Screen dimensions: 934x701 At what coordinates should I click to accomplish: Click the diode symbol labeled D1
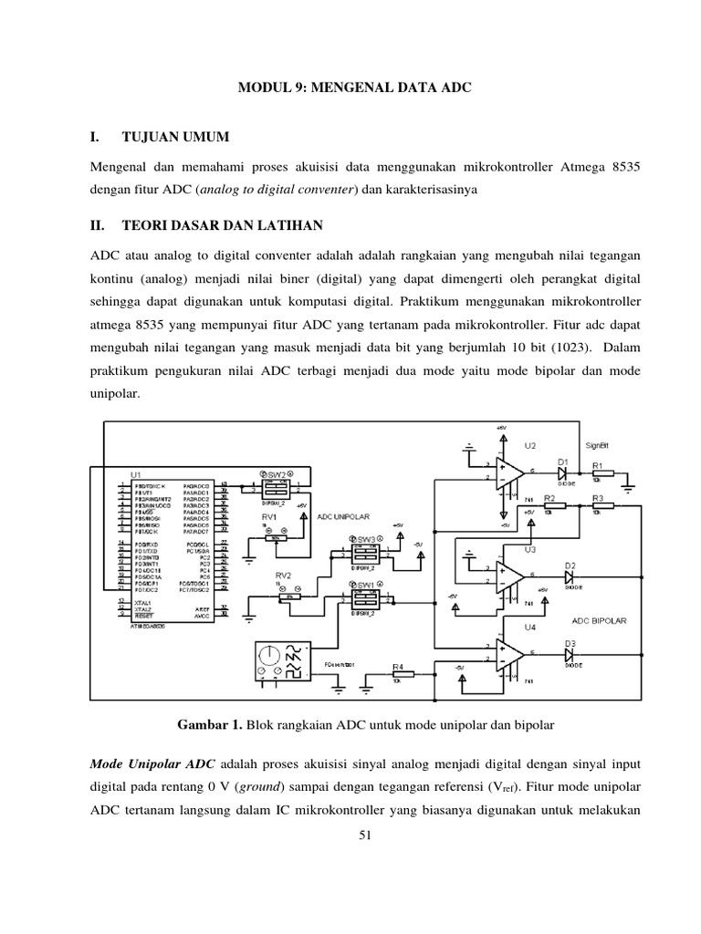coord(564,474)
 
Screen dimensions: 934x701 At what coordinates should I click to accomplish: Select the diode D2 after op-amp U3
coord(570,577)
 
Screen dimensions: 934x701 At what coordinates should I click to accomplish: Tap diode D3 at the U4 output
coord(570,655)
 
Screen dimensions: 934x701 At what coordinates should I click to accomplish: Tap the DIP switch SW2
coord(273,487)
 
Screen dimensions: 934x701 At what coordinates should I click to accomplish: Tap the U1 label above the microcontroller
coord(136,474)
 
